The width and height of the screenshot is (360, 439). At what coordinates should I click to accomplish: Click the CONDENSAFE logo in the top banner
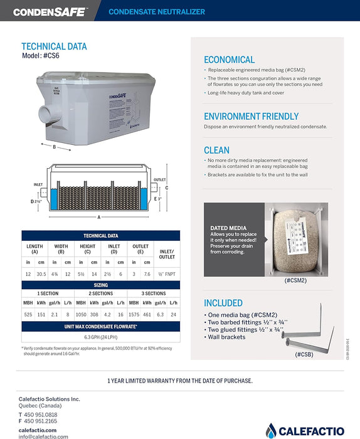click(x=50, y=11)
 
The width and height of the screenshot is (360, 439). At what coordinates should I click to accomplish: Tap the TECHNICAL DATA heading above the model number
click(x=54, y=46)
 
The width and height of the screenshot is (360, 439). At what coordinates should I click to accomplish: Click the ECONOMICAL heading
click(x=229, y=60)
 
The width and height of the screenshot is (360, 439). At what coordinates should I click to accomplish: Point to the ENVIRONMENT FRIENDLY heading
click(x=251, y=116)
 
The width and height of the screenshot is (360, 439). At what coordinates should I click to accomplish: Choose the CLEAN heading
click(x=216, y=151)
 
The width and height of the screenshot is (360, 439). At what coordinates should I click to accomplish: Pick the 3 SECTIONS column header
click(x=154, y=293)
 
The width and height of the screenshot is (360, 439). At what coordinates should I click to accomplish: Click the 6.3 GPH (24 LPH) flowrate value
click(x=101, y=337)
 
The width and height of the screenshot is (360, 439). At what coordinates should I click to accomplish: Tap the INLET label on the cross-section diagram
click(x=38, y=185)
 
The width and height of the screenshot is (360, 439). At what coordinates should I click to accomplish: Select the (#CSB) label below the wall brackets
click(x=305, y=354)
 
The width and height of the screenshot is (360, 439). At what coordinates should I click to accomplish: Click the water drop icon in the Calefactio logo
click(x=271, y=431)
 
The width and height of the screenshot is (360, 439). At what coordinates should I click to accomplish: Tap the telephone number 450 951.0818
click(x=41, y=415)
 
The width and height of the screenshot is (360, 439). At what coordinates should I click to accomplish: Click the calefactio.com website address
click(x=38, y=430)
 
